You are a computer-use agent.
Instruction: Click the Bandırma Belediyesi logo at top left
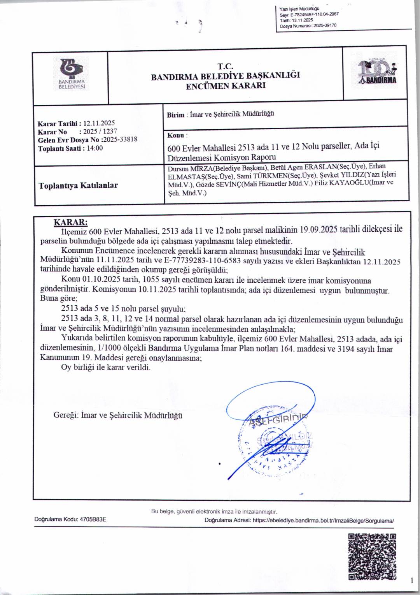point(72,74)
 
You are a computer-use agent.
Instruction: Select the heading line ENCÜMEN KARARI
point(226,86)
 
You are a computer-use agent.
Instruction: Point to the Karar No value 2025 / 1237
point(100,132)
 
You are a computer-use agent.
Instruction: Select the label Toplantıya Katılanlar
point(78,185)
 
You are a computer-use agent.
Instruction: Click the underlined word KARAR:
point(70,222)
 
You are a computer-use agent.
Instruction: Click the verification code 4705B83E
point(93,519)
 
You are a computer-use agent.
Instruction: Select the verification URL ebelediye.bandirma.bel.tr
point(323,520)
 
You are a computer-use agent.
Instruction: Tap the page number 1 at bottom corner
point(411,581)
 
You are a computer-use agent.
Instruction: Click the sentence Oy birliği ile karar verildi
point(106,367)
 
